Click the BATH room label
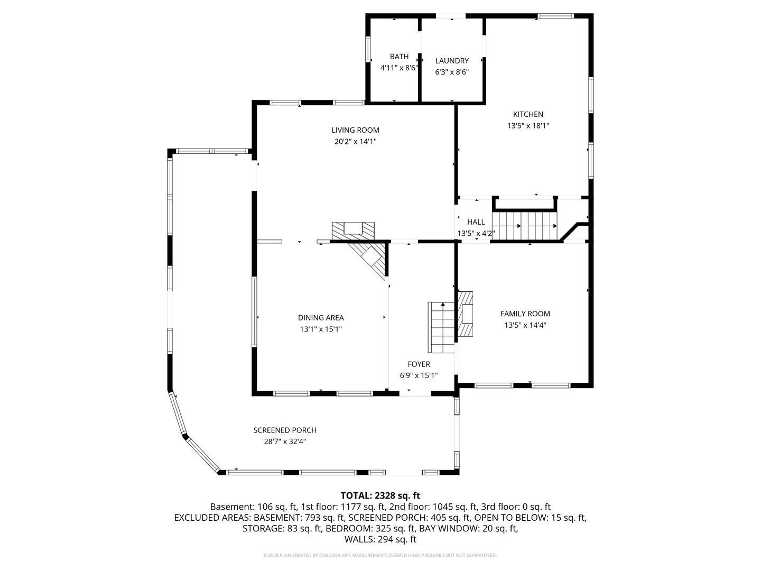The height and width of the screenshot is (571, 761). tap(399, 57)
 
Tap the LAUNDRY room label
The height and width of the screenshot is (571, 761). tap(452, 61)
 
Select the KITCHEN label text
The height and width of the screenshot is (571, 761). tap(528, 114)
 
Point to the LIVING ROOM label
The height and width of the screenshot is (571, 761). tap(355, 130)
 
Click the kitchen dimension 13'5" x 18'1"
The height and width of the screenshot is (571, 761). tap(528, 125)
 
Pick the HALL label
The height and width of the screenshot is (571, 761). tap(476, 222)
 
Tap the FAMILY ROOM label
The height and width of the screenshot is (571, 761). tap(525, 314)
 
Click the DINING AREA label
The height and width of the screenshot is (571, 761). tap(321, 318)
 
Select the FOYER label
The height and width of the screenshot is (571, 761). tap(419, 364)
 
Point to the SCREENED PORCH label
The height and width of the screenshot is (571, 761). tap(285, 430)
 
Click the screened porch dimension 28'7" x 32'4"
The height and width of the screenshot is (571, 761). tap(285, 441)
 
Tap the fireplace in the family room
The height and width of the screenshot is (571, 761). tap(465, 314)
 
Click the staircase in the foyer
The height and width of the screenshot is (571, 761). tap(441, 327)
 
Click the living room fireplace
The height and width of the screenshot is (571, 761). tap(353, 231)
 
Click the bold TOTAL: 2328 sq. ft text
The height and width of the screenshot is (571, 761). tap(380, 495)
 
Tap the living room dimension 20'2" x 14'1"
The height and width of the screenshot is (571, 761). tap(355, 142)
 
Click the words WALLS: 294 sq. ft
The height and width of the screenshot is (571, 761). tap(380, 539)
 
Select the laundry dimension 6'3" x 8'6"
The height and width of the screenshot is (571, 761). tap(452, 72)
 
